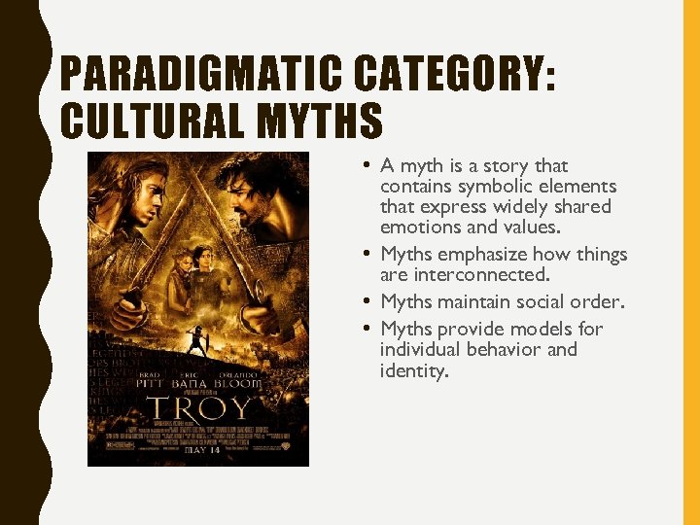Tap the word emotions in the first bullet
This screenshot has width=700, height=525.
[417, 227]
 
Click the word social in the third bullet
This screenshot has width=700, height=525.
[538, 301]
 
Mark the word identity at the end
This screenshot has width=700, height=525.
[413, 370]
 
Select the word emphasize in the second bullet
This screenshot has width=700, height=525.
[481, 255]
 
